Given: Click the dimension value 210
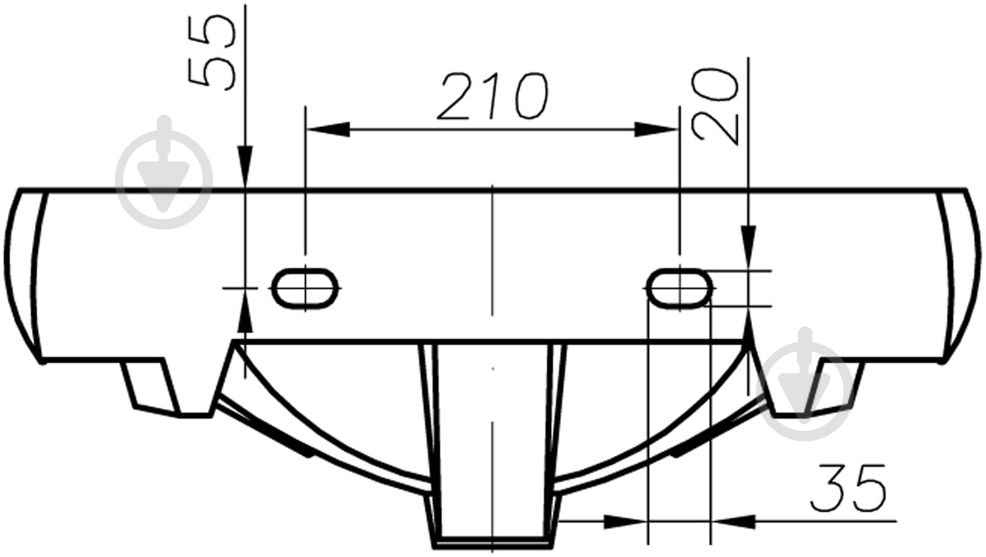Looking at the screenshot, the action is [493, 96].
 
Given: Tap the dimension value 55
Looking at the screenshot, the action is [211, 53].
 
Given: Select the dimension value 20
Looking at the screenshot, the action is [715, 106].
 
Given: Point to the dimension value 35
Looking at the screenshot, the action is [848, 489].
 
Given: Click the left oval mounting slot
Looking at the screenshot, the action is [305, 288].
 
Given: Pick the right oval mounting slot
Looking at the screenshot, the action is [679, 288].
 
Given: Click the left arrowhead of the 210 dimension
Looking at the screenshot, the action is [328, 129].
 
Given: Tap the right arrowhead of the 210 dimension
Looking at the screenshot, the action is [656, 129].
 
